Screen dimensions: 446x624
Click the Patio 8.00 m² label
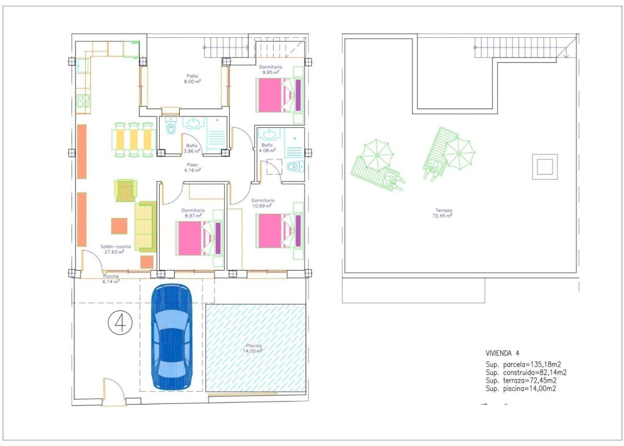193,80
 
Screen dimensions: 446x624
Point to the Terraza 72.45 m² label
442,213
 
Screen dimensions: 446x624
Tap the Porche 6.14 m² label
110,280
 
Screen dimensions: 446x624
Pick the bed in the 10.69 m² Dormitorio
280,230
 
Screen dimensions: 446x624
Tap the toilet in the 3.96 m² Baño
171,128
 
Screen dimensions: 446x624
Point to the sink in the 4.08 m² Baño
267,133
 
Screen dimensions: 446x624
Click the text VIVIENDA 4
502,353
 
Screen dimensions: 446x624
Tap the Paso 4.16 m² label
193,167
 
